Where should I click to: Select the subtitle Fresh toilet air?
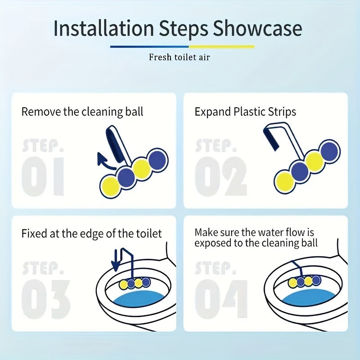pos(180,57)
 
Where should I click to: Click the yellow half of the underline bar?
pos(221,46)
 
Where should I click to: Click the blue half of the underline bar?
pos(149,46)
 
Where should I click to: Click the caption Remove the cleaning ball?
pos(82,112)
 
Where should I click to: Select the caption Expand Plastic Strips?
pos(245,112)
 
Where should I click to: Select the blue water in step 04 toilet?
pos(308,298)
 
